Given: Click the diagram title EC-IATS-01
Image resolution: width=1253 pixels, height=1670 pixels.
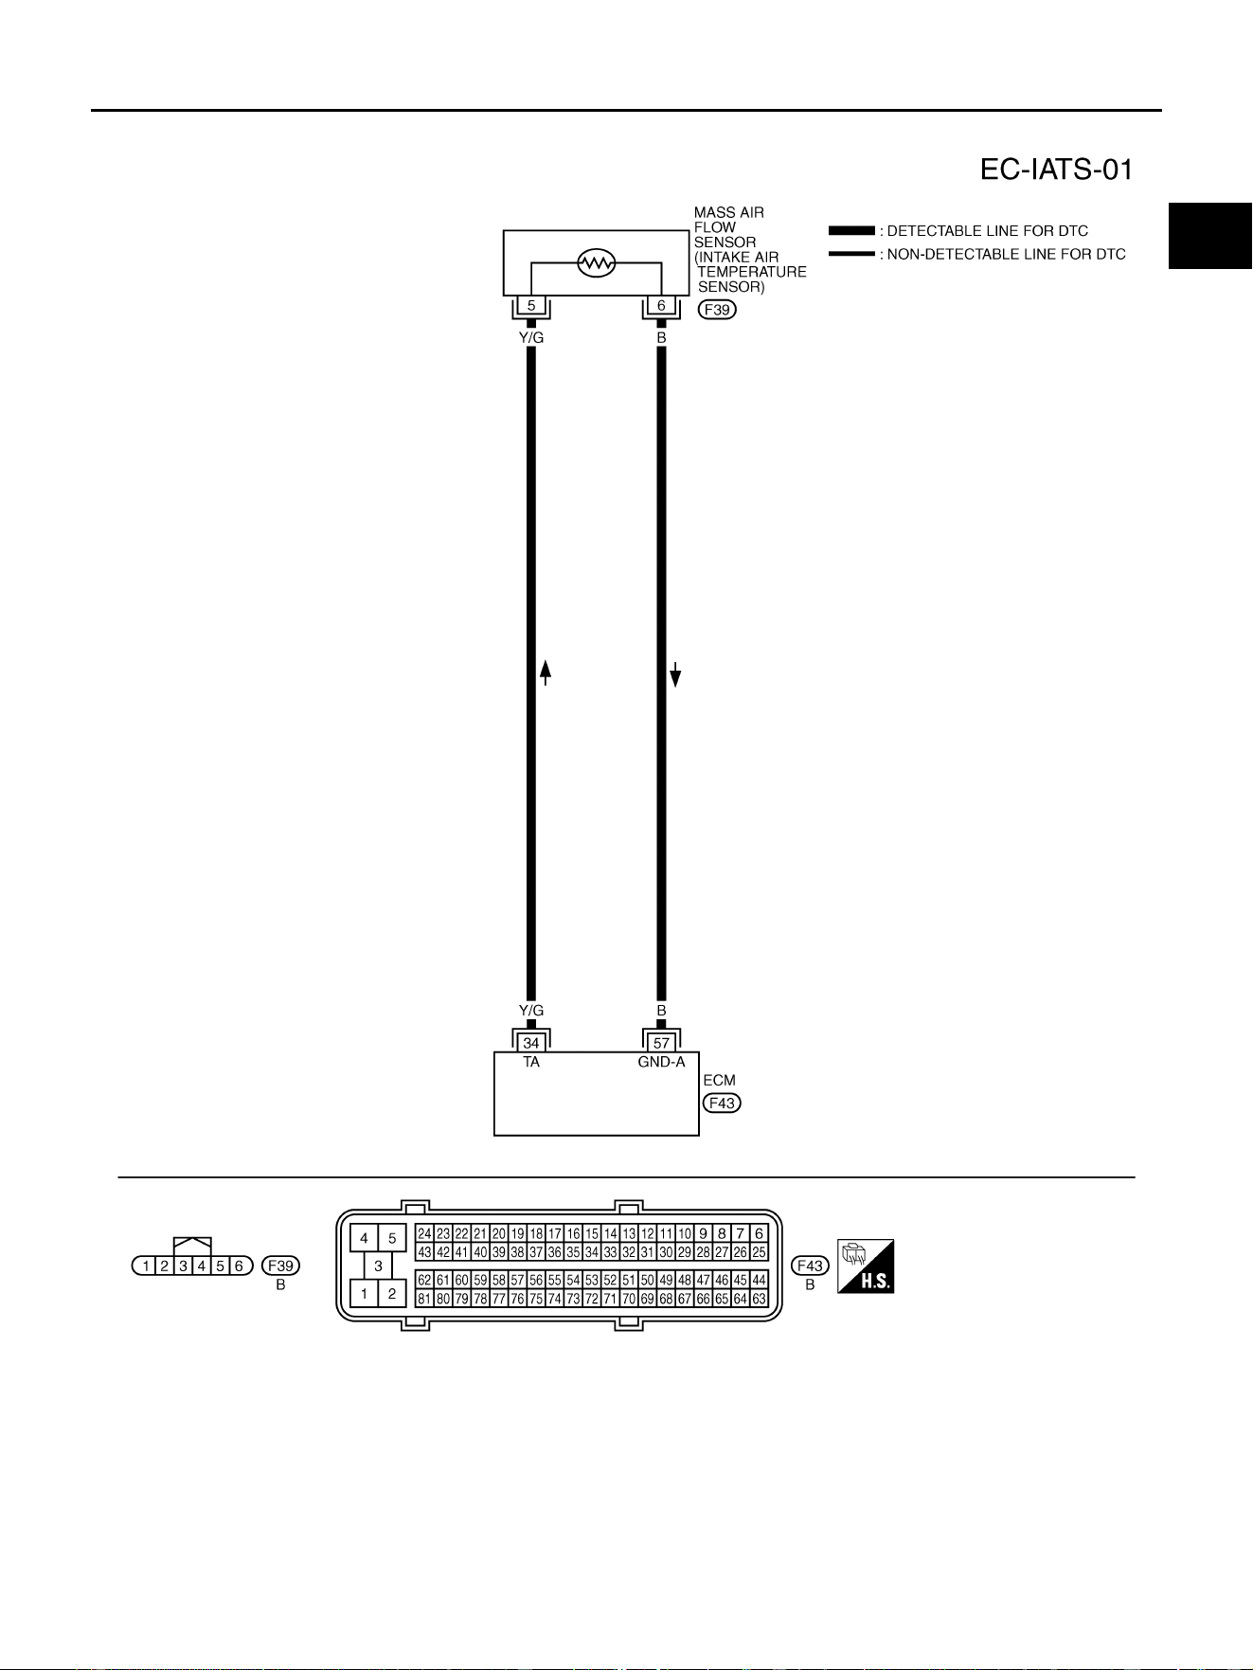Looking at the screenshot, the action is point(1056,170).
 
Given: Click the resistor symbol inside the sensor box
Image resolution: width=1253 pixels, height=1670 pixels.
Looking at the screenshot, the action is point(596,262).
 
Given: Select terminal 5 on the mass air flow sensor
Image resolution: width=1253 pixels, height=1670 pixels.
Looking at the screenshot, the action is point(531,306).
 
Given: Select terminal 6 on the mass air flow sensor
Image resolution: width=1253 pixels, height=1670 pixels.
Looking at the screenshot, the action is point(661,306).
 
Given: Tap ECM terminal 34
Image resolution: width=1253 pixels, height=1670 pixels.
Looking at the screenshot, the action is point(531,1043).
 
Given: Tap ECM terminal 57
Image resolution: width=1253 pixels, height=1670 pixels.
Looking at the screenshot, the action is point(661,1043).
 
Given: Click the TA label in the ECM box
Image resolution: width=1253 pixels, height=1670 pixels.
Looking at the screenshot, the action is point(531,1062).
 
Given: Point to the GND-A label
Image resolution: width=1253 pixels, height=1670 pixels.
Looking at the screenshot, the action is point(661,1062).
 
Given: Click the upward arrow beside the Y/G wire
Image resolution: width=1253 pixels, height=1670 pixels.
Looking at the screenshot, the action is point(546,673).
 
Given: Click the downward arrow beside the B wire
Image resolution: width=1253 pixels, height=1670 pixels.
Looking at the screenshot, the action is point(675,673).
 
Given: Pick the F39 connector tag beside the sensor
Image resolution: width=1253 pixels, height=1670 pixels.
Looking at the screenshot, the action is point(717,309).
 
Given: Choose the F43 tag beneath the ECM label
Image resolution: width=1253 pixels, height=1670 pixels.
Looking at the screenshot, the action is point(722,1103).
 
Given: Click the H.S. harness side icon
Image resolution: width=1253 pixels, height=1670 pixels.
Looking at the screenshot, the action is point(866,1266).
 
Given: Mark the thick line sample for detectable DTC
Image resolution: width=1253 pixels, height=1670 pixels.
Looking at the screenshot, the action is point(851,231).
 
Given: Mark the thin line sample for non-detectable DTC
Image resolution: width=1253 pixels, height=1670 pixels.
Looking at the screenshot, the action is point(851,254).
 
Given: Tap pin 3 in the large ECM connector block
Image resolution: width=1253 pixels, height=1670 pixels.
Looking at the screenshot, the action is point(378,1266).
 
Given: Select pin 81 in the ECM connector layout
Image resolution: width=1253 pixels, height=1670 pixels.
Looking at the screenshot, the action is point(424,1299).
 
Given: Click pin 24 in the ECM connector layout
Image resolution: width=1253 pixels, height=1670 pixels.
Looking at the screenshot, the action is point(424,1234).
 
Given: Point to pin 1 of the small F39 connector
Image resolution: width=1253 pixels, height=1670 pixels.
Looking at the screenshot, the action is point(146,1266).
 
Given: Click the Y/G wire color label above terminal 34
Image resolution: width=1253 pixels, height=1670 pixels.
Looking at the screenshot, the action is point(531,1011).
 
